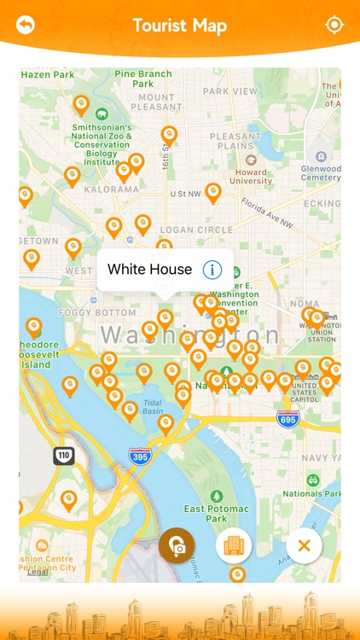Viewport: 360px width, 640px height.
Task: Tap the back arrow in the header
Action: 26,26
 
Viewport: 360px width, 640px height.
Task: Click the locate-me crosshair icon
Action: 334,25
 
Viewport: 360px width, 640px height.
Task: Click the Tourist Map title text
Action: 180,26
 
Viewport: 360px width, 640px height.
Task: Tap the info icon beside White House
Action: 212,270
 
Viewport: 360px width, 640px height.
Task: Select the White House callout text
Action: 149,270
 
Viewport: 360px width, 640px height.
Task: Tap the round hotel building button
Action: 234,545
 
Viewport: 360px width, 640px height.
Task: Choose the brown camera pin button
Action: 177,545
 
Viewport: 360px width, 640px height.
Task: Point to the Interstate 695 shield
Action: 288,419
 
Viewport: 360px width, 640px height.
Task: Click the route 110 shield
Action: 64,456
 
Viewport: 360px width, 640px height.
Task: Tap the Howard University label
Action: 251,176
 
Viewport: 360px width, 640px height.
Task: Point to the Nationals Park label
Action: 314,493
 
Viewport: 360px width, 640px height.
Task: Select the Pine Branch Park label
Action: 143,79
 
